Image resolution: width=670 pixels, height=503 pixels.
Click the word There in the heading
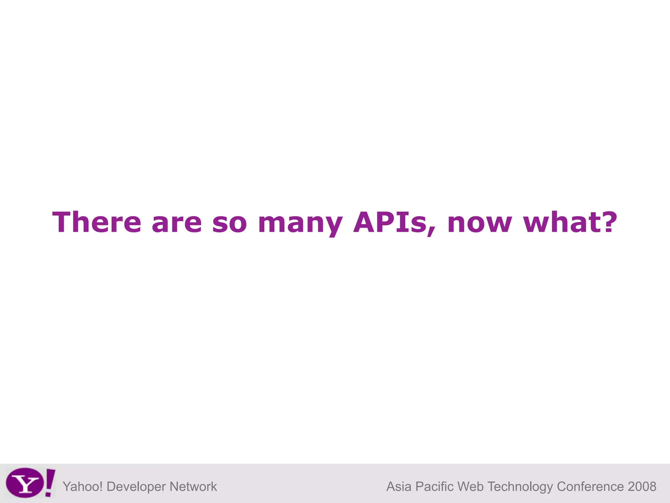click(x=97, y=222)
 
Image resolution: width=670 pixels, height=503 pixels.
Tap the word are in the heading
click(x=177, y=223)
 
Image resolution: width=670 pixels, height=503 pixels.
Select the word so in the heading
click(x=229, y=223)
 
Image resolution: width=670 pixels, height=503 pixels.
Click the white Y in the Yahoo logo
click(x=25, y=483)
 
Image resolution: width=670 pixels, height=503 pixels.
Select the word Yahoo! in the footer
click(x=83, y=487)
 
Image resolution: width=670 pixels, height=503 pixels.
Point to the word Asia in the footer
click(x=399, y=487)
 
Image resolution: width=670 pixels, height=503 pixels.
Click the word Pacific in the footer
click(x=435, y=487)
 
